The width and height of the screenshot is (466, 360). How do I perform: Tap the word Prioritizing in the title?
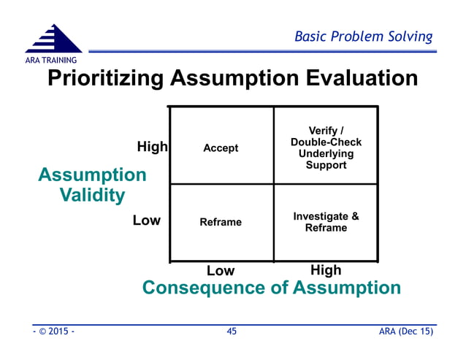click(x=107, y=78)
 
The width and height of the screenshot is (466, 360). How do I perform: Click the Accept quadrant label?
click(x=221, y=148)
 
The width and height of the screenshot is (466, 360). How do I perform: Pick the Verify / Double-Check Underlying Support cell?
click(x=326, y=148)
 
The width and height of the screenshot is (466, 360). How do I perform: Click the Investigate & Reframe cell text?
click(x=326, y=222)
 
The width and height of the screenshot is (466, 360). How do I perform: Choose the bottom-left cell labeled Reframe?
click(x=221, y=222)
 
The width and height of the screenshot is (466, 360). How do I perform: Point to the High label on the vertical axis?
click(x=152, y=147)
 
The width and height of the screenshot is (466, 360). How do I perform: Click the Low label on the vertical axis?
click(x=146, y=220)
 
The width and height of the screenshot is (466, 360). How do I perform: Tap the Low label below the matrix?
click(x=221, y=271)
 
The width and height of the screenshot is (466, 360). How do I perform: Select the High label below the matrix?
click(x=326, y=270)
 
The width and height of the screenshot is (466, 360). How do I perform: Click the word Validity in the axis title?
click(x=92, y=196)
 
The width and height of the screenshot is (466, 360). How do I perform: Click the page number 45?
click(x=232, y=332)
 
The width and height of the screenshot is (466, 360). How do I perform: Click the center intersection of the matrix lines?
click(x=274, y=183)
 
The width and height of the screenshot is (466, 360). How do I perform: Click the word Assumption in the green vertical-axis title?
click(x=92, y=175)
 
